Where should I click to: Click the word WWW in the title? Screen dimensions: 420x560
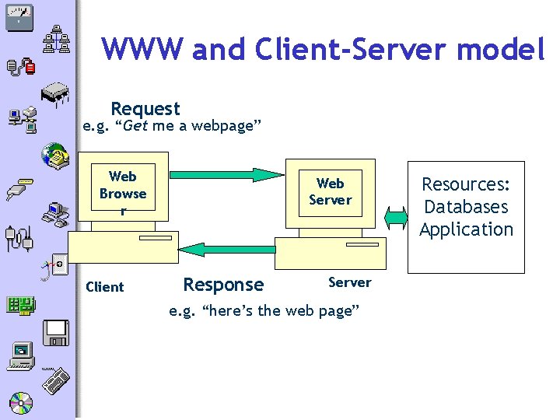(143, 49)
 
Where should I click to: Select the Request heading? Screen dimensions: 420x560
(145, 109)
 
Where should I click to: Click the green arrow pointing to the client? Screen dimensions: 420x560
(226, 250)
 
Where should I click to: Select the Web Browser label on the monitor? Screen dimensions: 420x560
(123, 193)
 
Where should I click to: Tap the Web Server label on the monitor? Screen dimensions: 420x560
(330, 191)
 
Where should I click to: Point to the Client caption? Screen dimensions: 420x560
(105, 287)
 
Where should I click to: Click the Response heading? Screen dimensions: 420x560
(222, 285)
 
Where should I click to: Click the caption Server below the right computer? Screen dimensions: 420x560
(349, 282)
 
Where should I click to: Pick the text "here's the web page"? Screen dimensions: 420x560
(264, 312)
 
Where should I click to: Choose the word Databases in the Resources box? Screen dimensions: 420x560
(466, 207)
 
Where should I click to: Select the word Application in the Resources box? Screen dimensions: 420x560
(466, 229)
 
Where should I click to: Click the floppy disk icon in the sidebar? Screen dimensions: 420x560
(57, 332)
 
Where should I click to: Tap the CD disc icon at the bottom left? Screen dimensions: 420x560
(21, 403)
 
